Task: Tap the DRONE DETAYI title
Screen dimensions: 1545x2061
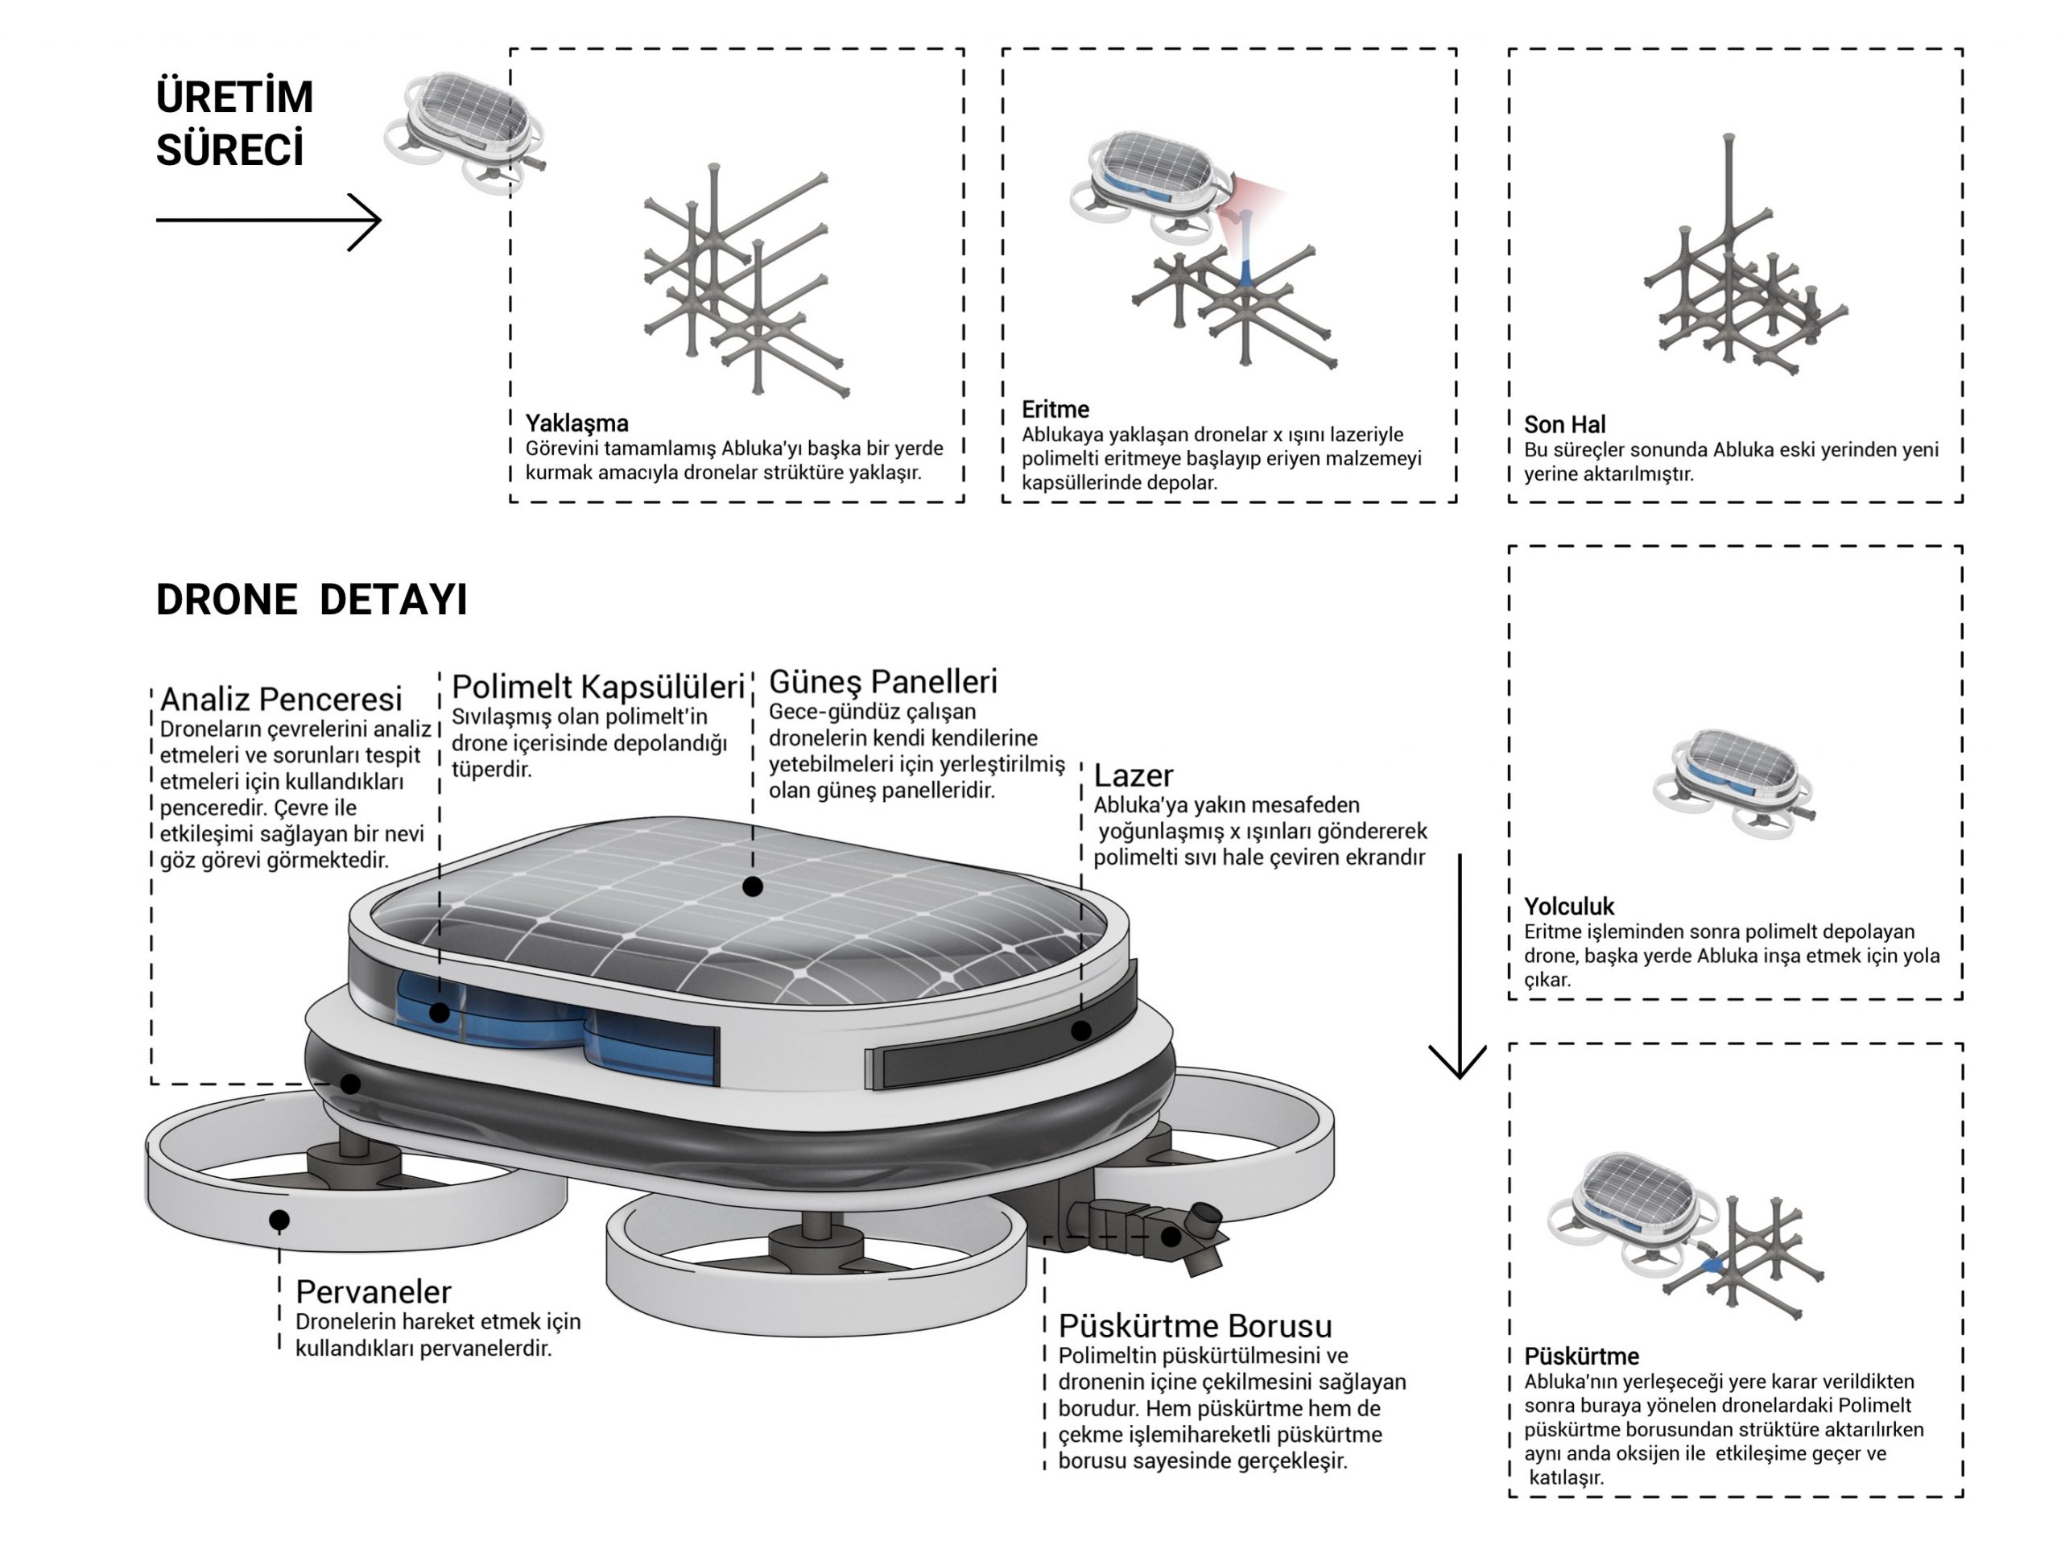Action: click(312, 599)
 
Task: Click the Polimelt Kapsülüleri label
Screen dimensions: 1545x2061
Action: click(597, 687)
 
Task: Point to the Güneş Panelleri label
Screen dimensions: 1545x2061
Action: click(882, 681)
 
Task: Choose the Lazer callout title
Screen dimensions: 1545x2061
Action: click(1132, 775)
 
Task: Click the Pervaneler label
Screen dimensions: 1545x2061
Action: click(373, 1291)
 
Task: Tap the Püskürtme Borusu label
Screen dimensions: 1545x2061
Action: click(1195, 1326)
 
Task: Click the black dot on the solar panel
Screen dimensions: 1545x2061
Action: click(753, 887)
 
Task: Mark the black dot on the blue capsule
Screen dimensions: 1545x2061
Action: click(439, 1012)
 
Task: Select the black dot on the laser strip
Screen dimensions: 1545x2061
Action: click(1080, 1031)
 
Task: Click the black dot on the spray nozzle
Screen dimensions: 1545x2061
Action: click(1171, 1237)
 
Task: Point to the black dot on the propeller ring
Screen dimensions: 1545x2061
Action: click(279, 1219)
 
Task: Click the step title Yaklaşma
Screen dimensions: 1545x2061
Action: click(576, 423)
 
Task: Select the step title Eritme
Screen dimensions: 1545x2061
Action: click(1055, 409)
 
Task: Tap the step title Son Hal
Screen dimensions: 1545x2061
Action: click(1564, 425)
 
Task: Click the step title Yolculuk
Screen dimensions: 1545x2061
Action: click(1568, 906)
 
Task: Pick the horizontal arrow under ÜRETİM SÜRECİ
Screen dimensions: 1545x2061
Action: click(268, 221)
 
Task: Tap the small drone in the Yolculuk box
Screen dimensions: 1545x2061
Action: click(1733, 781)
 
